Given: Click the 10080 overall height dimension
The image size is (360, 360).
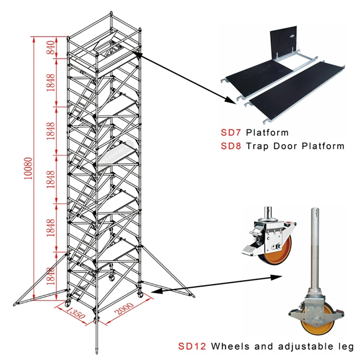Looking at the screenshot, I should [x=30, y=168].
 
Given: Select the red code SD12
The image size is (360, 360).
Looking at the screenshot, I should [x=192, y=346].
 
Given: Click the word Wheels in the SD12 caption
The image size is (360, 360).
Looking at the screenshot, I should [x=233, y=346].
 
